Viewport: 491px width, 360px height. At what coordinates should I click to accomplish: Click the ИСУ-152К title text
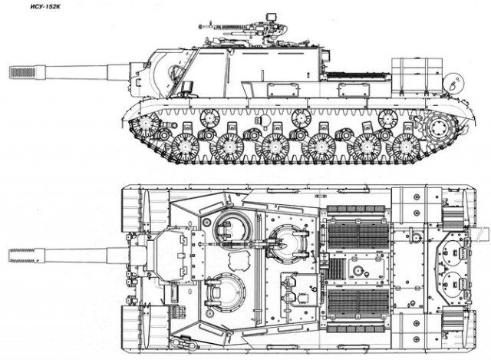coord(46,7)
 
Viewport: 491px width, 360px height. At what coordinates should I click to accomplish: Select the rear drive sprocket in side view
coord(440,127)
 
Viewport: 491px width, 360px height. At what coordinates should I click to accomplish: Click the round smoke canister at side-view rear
coord(453,82)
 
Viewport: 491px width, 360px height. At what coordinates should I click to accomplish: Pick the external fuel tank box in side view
coord(417,75)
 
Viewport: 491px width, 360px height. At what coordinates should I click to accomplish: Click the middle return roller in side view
coord(301,117)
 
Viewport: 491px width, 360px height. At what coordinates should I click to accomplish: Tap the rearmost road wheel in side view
coord(406,147)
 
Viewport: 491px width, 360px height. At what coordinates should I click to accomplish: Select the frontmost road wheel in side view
coord(186,147)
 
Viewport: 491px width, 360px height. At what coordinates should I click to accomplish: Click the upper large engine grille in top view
coord(358,236)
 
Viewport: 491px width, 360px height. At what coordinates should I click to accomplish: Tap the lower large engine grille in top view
coord(358,302)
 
